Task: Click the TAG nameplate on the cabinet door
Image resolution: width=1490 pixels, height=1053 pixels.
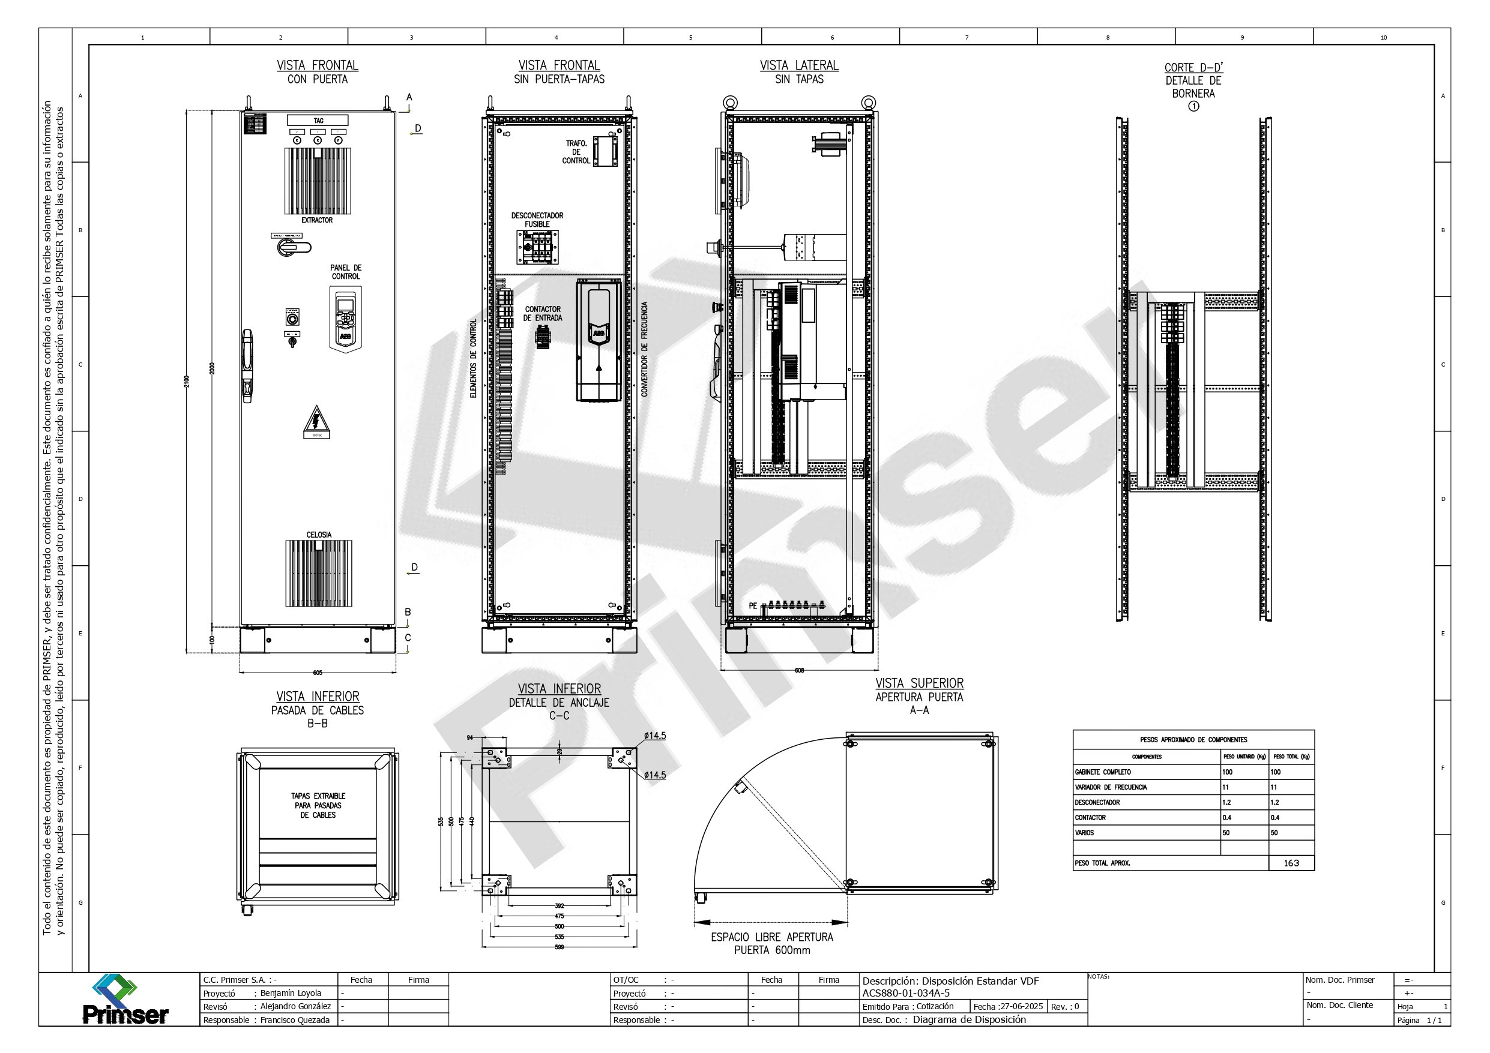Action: click(318, 121)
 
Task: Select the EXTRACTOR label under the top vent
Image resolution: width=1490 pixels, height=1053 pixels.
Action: click(317, 221)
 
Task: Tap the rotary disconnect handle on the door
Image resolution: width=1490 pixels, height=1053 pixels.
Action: click(290, 247)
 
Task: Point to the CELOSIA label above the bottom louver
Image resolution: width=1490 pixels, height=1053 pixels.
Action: click(319, 535)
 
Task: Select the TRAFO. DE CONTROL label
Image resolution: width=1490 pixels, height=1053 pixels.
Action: click(576, 152)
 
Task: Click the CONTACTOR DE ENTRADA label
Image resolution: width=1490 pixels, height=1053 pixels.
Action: click(543, 313)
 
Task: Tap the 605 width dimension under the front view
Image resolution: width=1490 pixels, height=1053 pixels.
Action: click(318, 673)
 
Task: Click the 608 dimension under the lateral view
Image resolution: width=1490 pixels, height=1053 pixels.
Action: click(799, 670)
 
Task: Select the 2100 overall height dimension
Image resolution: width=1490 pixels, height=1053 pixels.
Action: click(187, 381)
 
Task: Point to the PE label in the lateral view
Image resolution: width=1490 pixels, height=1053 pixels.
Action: click(753, 605)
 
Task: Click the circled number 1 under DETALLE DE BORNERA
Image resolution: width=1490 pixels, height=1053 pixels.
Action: click(1193, 106)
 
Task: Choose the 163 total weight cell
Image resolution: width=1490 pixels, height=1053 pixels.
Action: click(1291, 863)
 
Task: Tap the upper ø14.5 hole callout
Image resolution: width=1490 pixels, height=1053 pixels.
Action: click(655, 736)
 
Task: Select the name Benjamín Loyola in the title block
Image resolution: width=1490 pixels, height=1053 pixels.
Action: click(291, 994)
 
